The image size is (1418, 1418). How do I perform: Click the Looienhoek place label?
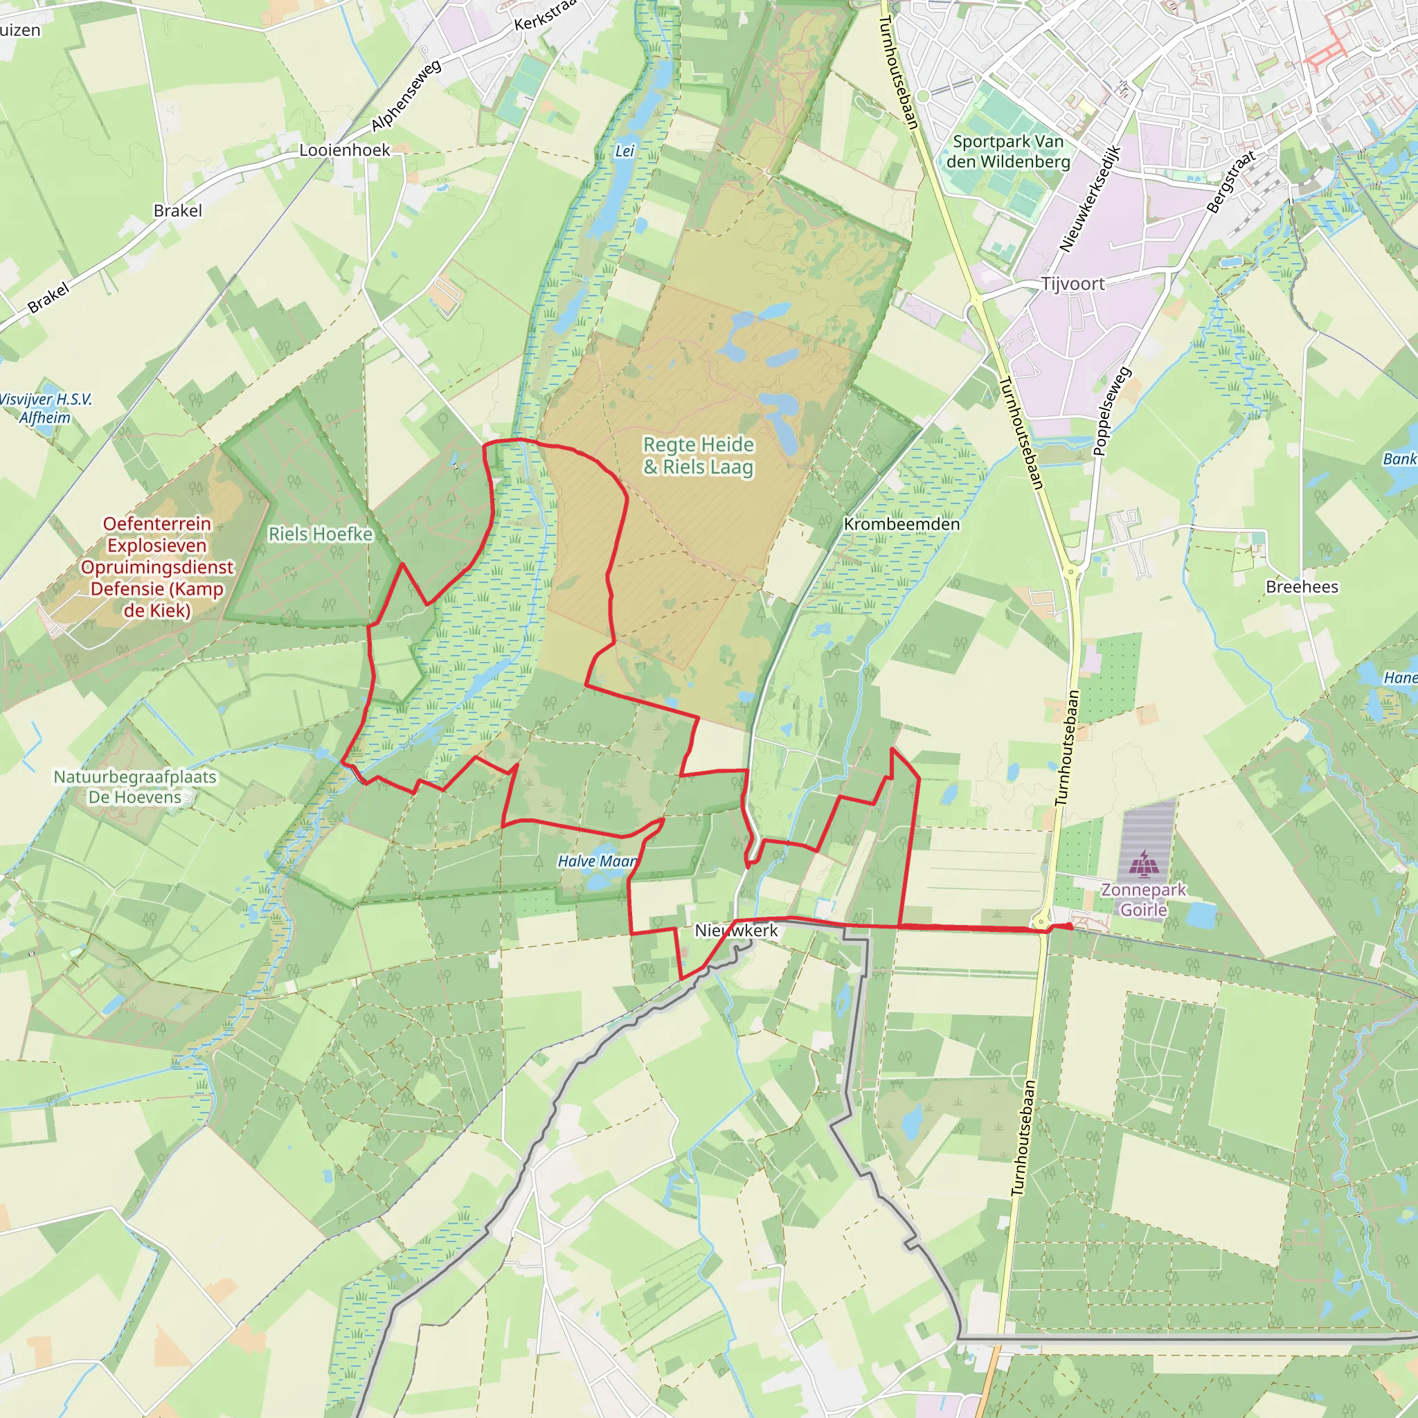[344, 150]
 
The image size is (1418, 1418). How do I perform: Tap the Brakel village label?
[178, 210]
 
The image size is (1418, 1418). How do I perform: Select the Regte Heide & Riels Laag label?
[698, 456]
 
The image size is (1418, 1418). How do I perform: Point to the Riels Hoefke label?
[320, 534]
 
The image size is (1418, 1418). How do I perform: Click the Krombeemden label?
[901, 524]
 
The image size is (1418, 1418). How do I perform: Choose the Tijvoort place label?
[1073, 284]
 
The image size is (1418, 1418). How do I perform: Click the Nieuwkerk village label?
[735, 931]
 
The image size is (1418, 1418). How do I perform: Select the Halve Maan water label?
[597, 861]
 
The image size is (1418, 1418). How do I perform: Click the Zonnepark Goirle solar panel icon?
[1142, 864]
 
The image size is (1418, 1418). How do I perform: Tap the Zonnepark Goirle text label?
[1144, 900]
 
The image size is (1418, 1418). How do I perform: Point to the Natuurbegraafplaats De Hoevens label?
[135, 787]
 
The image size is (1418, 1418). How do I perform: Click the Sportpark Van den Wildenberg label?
[1007, 151]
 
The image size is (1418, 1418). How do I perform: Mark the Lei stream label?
[624, 151]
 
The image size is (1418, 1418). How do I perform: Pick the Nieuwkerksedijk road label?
[1089, 199]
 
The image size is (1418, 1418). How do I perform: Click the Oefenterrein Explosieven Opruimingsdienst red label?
[157, 566]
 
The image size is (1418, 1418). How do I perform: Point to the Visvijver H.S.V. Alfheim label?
[46, 408]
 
